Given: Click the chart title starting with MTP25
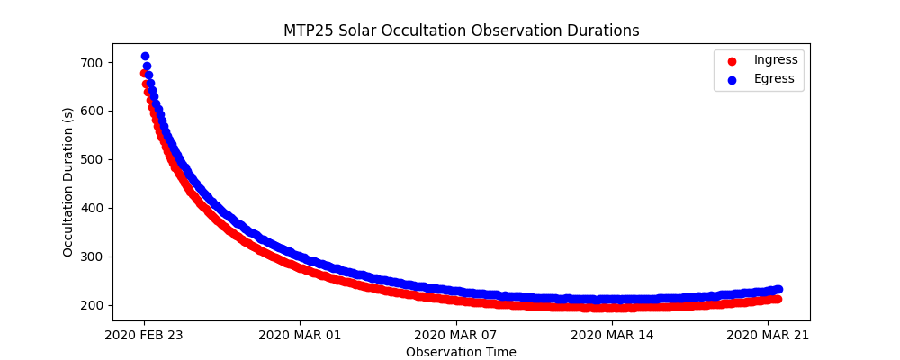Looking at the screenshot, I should [x=461, y=31].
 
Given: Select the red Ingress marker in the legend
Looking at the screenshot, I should [x=732, y=60].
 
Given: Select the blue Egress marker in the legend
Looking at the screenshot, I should [x=732, y=79].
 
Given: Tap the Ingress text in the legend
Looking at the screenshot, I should [x=776, y=60].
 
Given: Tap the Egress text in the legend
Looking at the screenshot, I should [x=774, y=79].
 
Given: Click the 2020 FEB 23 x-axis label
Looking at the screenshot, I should [x=144, y=336].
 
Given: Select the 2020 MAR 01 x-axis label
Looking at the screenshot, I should [x=300, y=336].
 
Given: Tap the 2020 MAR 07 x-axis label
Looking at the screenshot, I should [x=456, y=336].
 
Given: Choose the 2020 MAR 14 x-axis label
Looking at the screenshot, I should [x=612, y=336].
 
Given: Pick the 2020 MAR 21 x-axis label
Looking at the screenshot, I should [x=768, y=336].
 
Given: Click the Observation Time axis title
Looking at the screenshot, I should [x=461, y=352].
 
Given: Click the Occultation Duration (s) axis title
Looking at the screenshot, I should [x=68, y=182].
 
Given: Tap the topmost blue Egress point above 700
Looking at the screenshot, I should [x=145, y=56].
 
